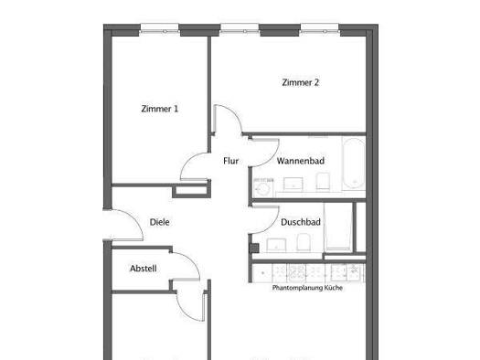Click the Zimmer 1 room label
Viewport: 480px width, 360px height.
[x=159, y=109]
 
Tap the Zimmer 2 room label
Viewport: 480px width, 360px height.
[x=300, y=82]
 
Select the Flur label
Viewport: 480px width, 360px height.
[x=230, y=161]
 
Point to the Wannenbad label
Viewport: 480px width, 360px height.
[x=301, y=161]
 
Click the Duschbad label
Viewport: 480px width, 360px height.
[x=301, y=222]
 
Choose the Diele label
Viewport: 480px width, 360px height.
[x=159, y=222]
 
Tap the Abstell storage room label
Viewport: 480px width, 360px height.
[x=144, y=269]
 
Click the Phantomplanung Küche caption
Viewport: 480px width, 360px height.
[x=307, y=288]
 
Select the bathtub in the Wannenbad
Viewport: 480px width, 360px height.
[x=354, y=164]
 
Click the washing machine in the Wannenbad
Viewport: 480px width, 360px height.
[x=263, y=187]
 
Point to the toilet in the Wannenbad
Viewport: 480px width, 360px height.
[x=323, y=182]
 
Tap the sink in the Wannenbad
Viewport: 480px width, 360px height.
[x=293, y=185]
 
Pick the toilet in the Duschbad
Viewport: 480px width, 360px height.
[x=304, y=243]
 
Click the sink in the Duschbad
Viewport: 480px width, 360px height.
[x=276, y=245]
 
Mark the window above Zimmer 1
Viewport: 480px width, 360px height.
[x=159, y=28]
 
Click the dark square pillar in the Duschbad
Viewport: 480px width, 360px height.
[x=255, y=248]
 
